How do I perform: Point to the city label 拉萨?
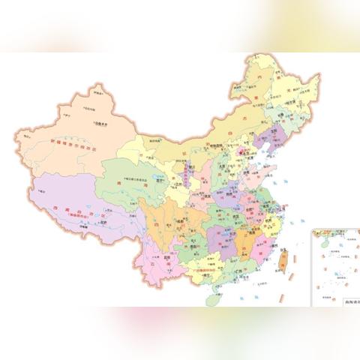[106, 223]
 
